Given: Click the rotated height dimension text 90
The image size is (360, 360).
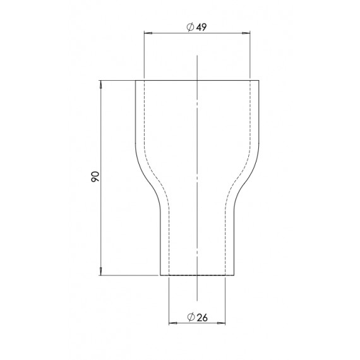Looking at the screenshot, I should pyautogui.click(x=95, y=177).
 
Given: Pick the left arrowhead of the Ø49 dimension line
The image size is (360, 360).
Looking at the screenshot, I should pyautogui.click(x=147, y=33).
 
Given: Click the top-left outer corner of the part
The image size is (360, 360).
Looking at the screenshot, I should pyautogui.click(x=136, y=80).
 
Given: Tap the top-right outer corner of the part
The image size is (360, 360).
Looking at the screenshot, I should pyautogui.click(x=259, y=80).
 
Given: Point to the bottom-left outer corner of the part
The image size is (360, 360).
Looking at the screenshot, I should pyautogui.click(x=160, y=276).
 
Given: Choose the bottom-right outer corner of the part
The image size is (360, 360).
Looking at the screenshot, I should pyautogui.click(x=235, y=276).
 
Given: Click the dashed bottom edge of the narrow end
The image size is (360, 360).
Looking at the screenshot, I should pyautogui.click(x=197, y=275).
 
